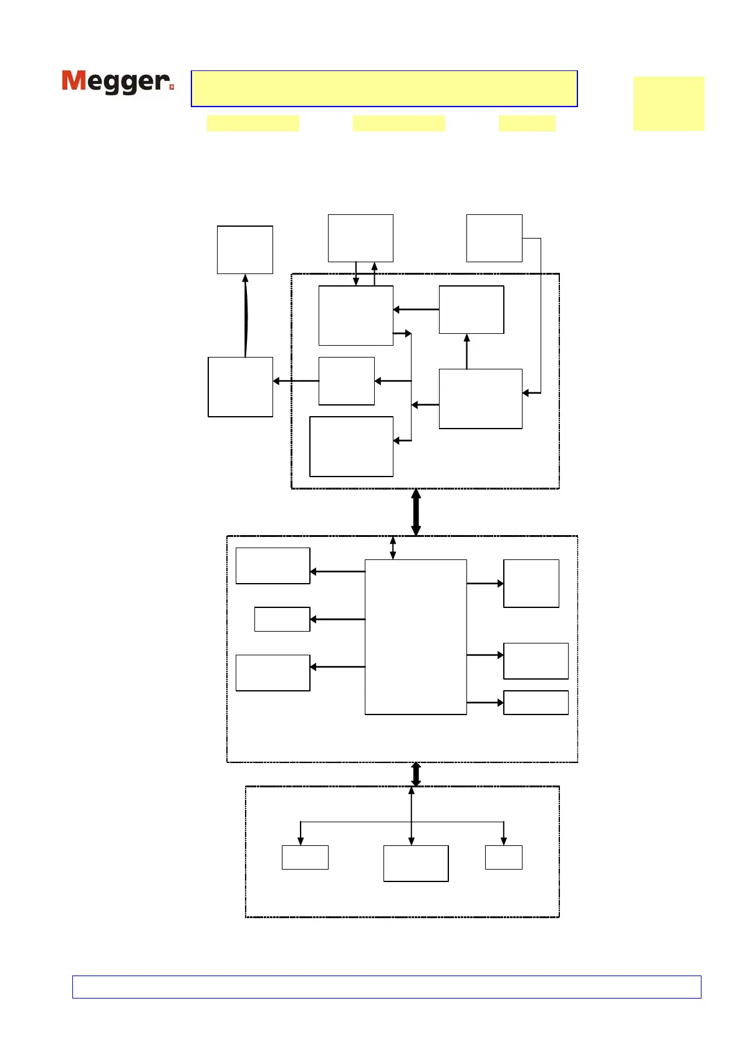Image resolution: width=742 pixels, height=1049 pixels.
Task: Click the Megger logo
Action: [x=117, y=82]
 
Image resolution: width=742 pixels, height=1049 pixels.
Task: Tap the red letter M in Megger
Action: [x=74, y=81]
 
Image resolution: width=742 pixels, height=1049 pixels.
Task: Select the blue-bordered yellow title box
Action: [x=384, y=88]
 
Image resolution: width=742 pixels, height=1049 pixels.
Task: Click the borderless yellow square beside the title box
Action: [x=668, y=103]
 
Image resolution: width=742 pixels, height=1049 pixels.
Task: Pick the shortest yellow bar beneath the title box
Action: [x=527, y=123]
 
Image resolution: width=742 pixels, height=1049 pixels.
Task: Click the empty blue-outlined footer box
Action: [x=387, y=987]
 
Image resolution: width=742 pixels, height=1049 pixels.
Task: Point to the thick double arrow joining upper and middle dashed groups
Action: [x=416, y=512]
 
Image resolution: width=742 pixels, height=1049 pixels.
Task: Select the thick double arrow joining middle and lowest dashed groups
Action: [x=416, y=774]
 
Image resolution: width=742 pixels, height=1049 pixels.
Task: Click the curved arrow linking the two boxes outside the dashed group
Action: [x=246, y=316]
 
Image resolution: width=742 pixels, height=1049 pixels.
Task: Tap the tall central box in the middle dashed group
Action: [x=415, y=637]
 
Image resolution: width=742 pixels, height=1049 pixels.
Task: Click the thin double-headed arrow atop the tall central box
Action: [x=393, y=548]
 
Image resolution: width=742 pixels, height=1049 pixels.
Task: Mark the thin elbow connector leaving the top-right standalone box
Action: [x=540, y=311]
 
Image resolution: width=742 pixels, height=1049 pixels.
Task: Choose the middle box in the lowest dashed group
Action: [x=415, y=863]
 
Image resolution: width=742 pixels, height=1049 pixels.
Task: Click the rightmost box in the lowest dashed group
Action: [x=503, y=857]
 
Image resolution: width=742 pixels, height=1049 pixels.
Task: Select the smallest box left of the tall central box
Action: [x=282, y=619]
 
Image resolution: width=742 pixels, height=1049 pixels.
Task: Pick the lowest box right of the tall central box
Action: [x=536, y=703]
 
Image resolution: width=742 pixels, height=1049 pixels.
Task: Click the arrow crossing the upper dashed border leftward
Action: [x=296, y=381]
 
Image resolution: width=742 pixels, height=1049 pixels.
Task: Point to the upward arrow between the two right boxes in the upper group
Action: [x=466, y=351]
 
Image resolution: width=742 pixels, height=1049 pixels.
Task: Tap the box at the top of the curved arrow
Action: [x=244, y=250]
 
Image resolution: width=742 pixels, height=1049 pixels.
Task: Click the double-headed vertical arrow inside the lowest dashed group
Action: [x=411, y=815]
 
